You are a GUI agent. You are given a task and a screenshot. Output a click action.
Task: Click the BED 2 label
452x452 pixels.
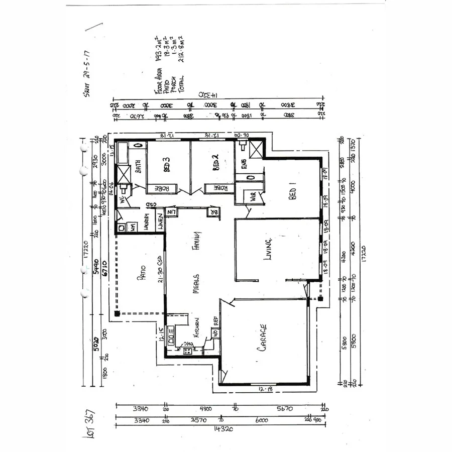(x=216, y=163)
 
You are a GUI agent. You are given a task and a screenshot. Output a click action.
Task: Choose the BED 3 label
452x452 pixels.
(x=166, y=164)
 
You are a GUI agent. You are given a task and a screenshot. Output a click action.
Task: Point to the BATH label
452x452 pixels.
(x=137, y=165)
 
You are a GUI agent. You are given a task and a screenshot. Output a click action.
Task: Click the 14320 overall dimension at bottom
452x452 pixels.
(x=219, y=429)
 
